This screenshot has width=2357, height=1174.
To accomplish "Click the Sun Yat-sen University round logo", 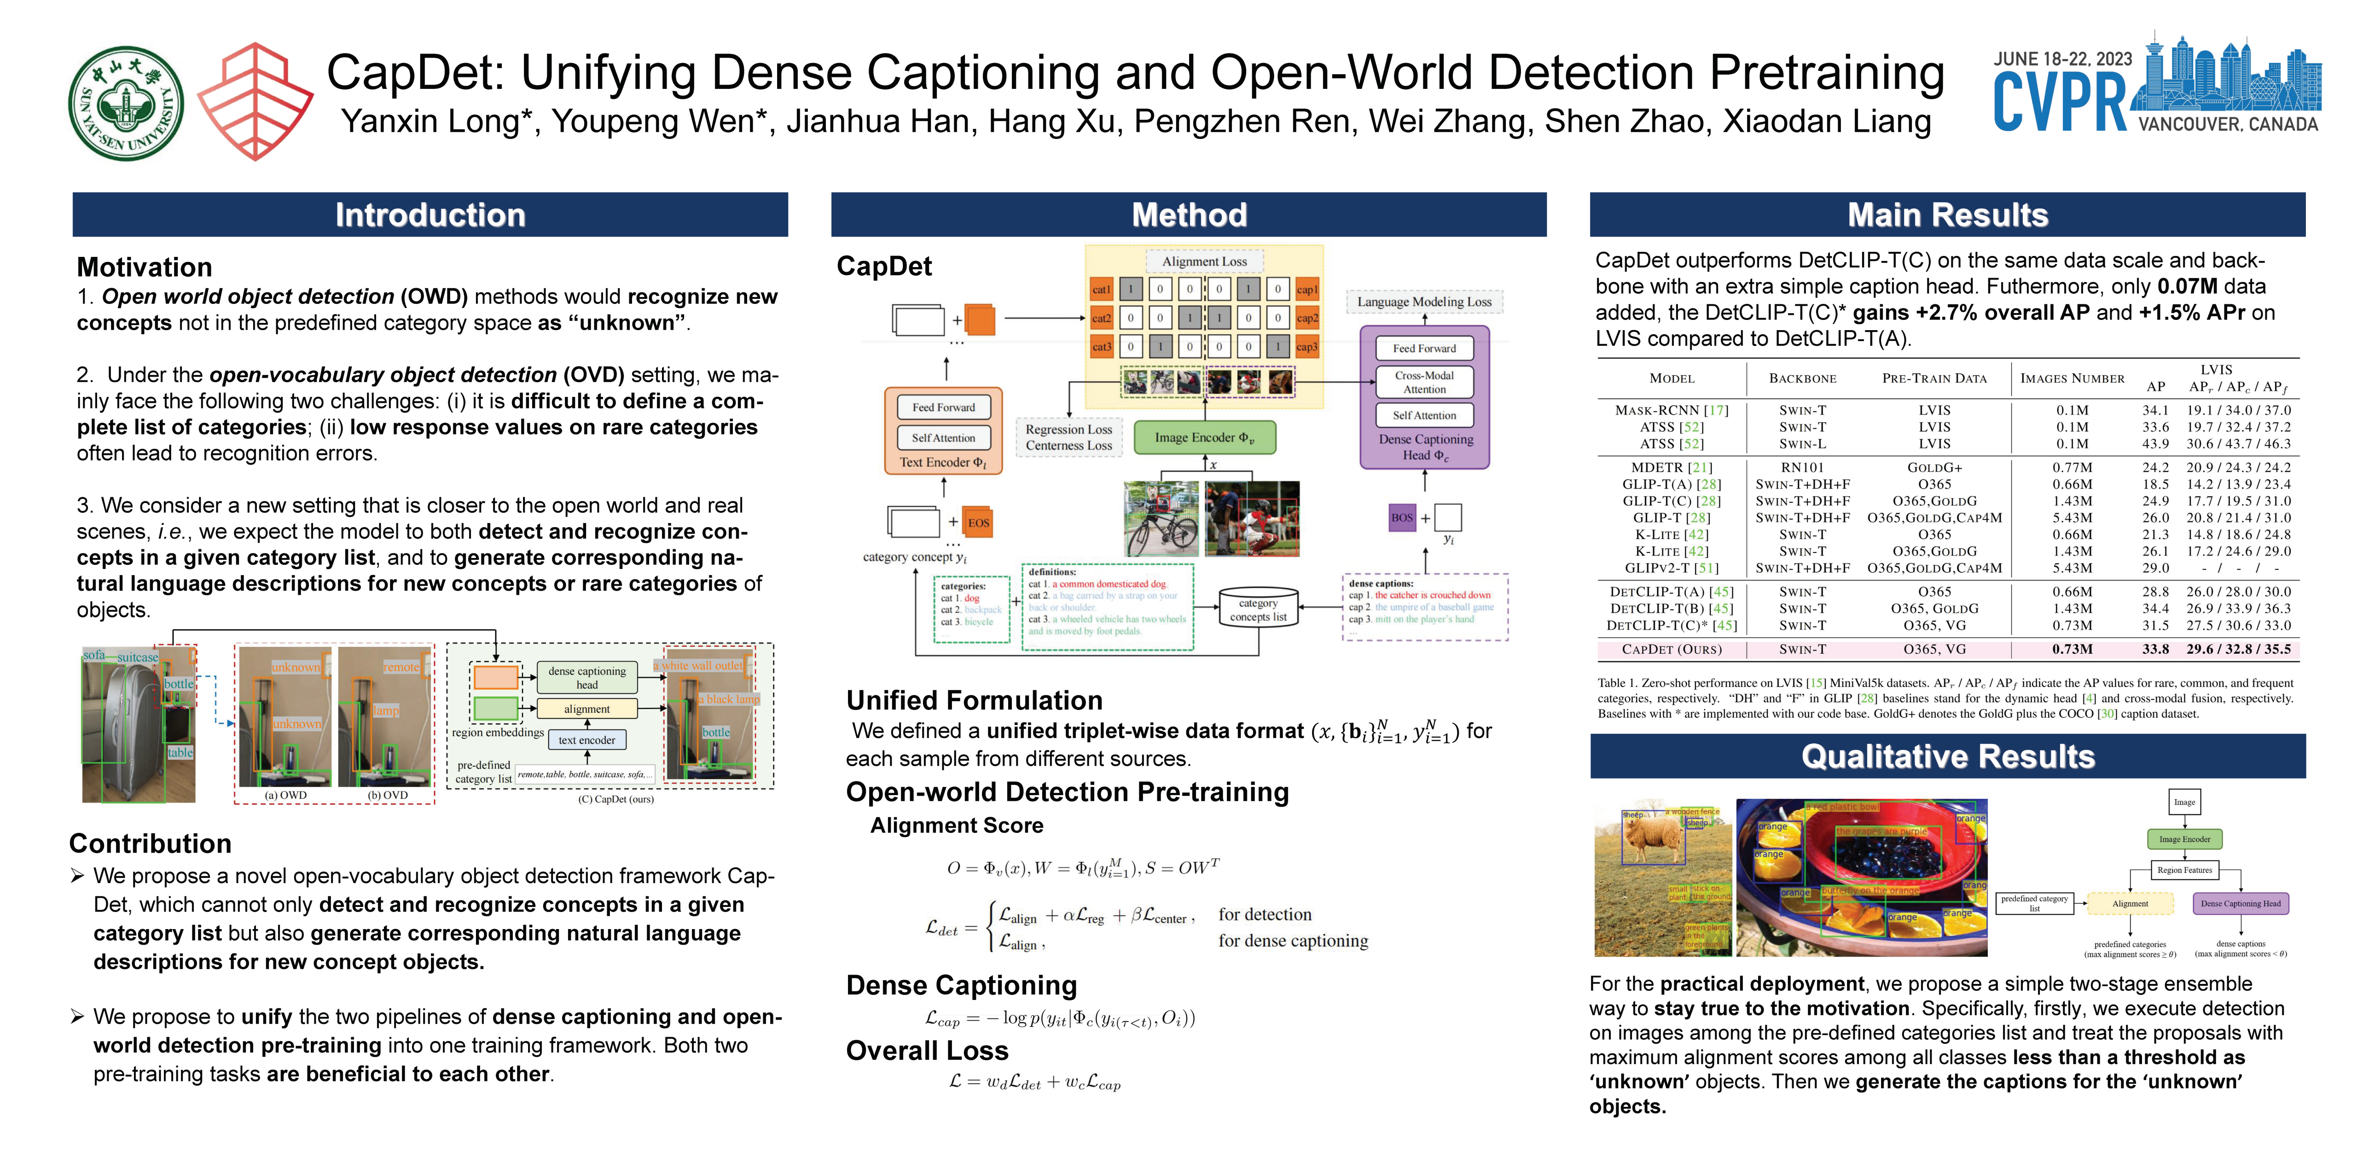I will point(126,104).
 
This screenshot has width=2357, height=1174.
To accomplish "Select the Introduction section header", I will point(430,215).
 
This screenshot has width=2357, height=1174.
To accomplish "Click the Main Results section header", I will point(1947,215).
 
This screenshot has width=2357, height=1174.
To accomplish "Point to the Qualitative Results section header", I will point(1947,757).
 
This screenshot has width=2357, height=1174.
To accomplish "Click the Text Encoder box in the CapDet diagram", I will point(942,462).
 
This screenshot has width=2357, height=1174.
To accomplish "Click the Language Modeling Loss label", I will point(1424,302).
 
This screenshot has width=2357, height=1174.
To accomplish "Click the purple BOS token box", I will point(1402,517).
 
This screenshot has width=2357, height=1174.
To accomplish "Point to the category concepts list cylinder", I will point(1258,609).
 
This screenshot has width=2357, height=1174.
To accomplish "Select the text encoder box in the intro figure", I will point(586,739).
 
